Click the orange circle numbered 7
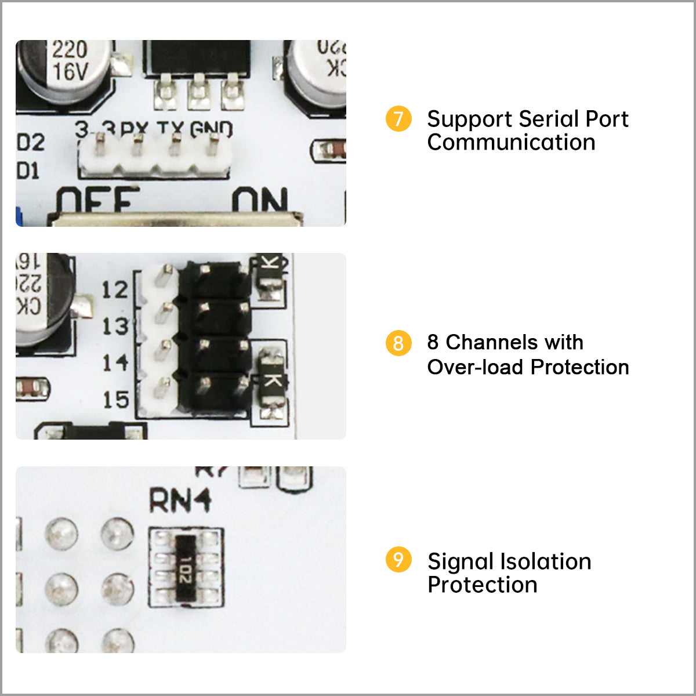pos(398,119)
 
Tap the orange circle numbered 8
pos(398,343)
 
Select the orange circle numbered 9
pos(398,560)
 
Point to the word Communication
pos(511,143)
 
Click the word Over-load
pos(476,367)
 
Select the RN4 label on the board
pos(180,501)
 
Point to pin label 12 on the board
pos(115,289)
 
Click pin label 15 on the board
pos(115,400)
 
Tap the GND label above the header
pos(212,129)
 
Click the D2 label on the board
pos(31,143)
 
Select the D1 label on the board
pos(28,171)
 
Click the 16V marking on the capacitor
pos(70,72)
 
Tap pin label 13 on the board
pos(115,326)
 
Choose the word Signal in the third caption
pos(461,561)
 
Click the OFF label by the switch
pos(97,201)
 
